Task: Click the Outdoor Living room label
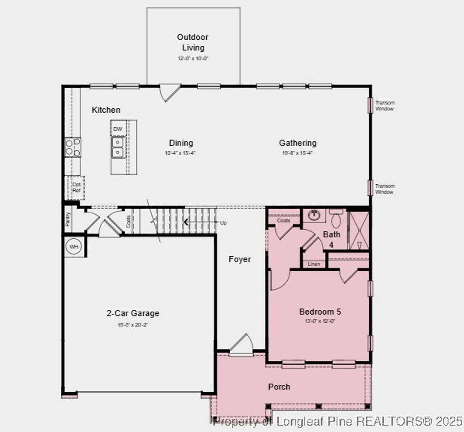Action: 193,42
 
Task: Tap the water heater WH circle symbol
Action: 73,247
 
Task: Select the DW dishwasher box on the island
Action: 118,129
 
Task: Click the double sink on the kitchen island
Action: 118,147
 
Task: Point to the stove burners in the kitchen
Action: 73,147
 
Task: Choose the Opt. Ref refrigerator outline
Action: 76,187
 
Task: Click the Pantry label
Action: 68,219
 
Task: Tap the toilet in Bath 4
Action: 336,219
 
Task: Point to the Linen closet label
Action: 314,264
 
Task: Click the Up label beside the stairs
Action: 223,223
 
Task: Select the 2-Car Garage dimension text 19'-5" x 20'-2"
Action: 133,325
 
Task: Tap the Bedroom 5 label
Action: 320,312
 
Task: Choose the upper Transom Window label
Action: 385,106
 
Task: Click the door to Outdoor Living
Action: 169,92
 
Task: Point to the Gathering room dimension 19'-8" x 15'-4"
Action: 297,153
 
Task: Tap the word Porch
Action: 279,386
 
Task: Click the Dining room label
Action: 181,143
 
